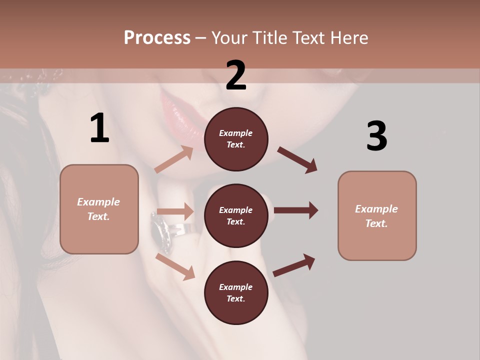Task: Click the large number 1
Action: pos(99,128)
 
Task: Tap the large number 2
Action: pos(236,75)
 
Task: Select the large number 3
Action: pos(376,136)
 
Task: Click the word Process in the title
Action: pos(157,37)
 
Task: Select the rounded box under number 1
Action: pos(99,209)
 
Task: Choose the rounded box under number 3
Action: pos(377,216)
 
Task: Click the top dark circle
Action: pos(236,139)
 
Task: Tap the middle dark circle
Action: pos(236,215)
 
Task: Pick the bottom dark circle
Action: pos(236,292)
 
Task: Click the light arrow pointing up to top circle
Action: pos(173,159)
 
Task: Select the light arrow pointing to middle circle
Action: pos(175,211)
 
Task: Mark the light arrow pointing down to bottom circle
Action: pos(175,266)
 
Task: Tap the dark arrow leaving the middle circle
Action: pos(296,210)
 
